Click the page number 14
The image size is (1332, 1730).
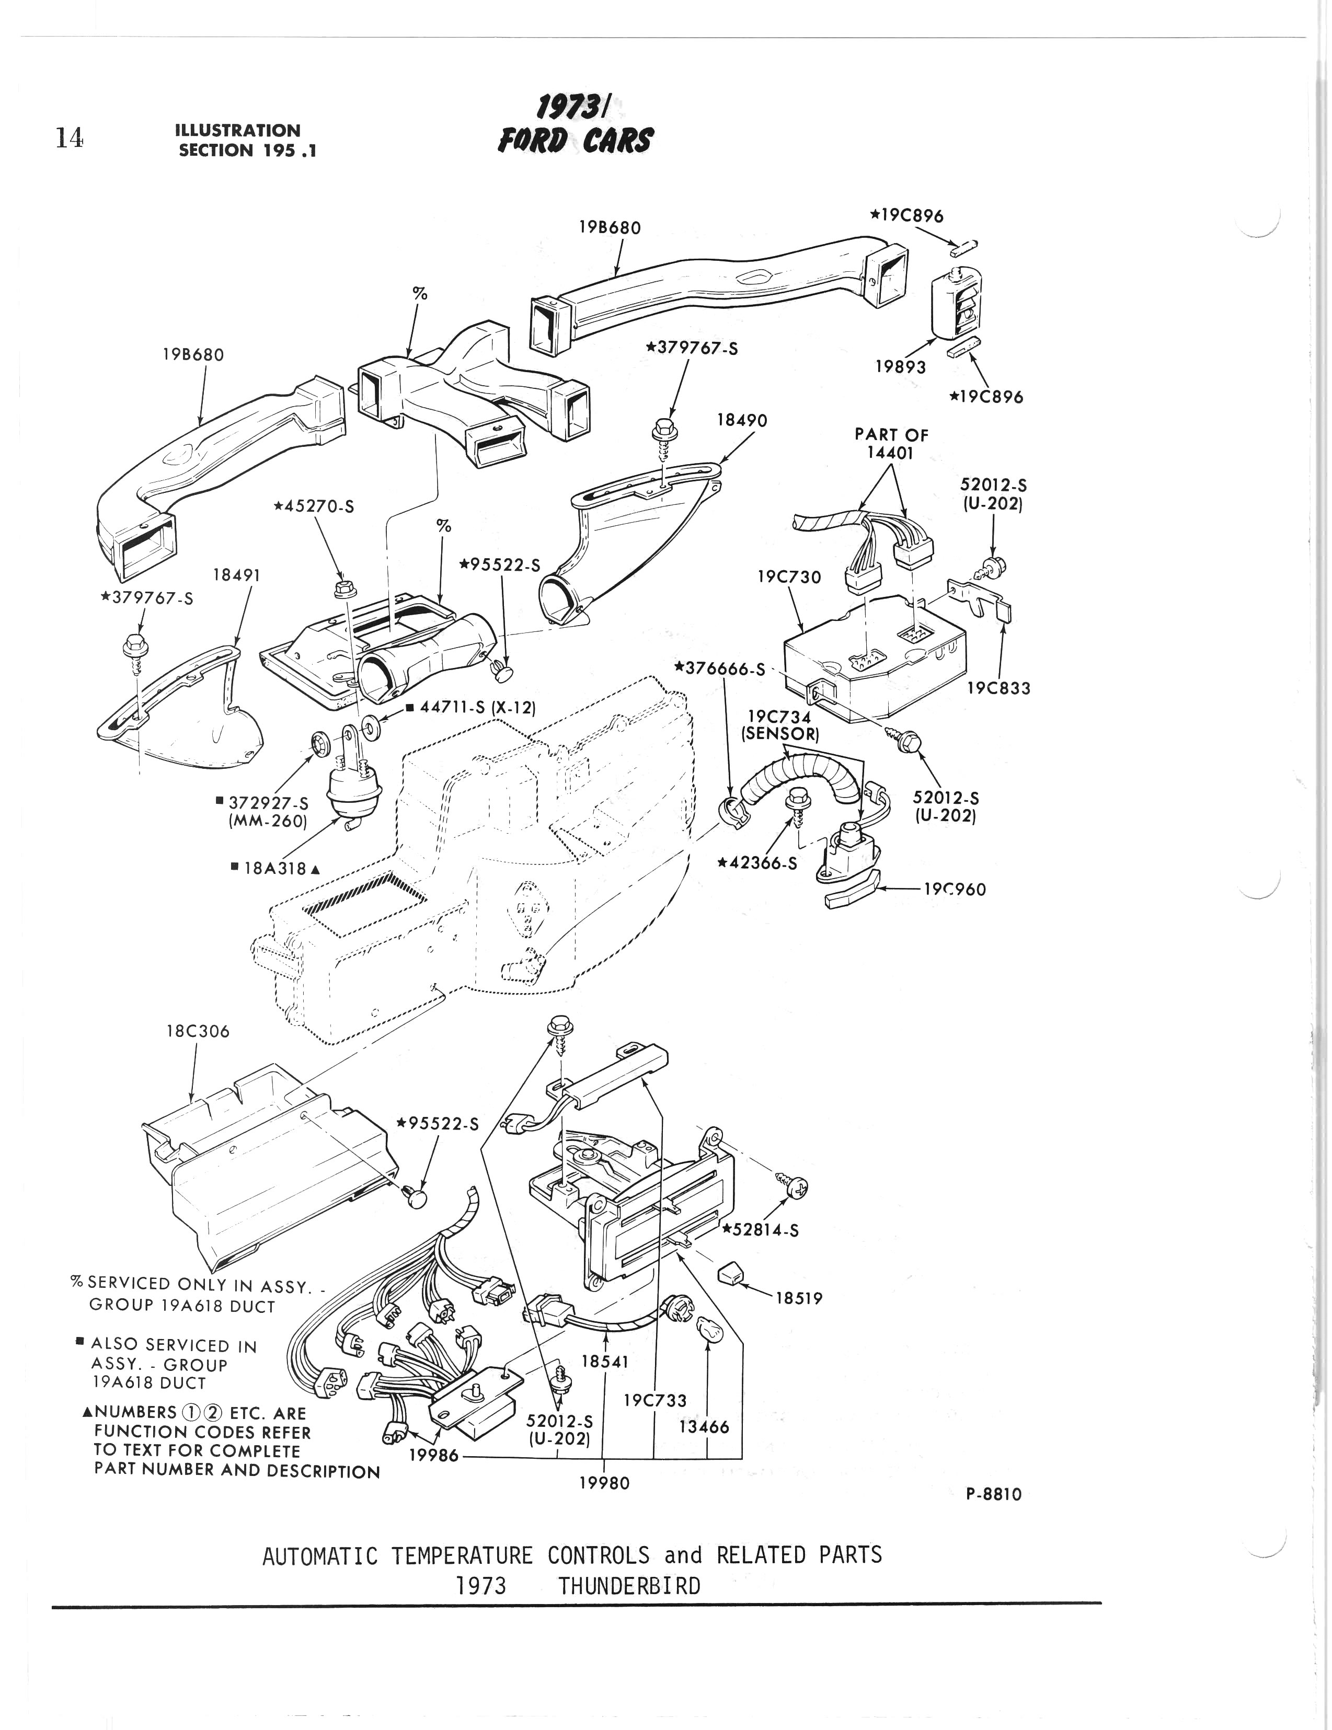(69, 138)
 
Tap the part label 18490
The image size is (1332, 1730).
(742, 420)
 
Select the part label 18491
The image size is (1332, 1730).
(236, 574)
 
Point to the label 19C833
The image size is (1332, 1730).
(998, 688)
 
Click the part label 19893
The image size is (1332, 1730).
(900, 367)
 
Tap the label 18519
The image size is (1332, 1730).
(799, 1298)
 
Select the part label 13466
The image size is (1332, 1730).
(705, 1427)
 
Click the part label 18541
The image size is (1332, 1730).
(605, 1361)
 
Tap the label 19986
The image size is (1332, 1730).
(433, 1455)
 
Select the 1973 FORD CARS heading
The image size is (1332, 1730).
(575, 126)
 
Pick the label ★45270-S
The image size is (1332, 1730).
(313, 505)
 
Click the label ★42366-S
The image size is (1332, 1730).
(757, 862)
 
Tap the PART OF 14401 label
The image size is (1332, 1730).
(891, 444)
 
